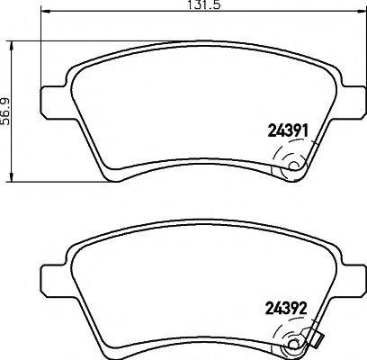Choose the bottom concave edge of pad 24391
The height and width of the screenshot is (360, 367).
180,163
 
